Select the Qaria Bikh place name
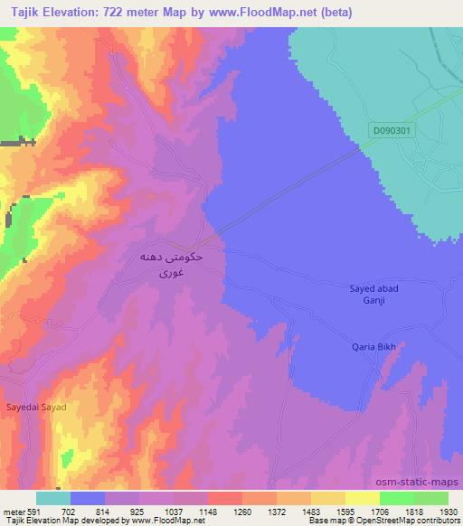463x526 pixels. [x=374, y=346]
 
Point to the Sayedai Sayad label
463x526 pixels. [x=37, y=408]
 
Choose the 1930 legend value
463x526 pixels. [x=447, y=511]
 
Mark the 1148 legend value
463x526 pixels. [x=210, y=511]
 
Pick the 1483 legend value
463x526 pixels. [x=311, y=511]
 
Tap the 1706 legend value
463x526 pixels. [x=380, y=511]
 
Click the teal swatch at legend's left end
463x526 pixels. [x=52, y=498]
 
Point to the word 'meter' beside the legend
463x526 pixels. [x=14, y=511]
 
